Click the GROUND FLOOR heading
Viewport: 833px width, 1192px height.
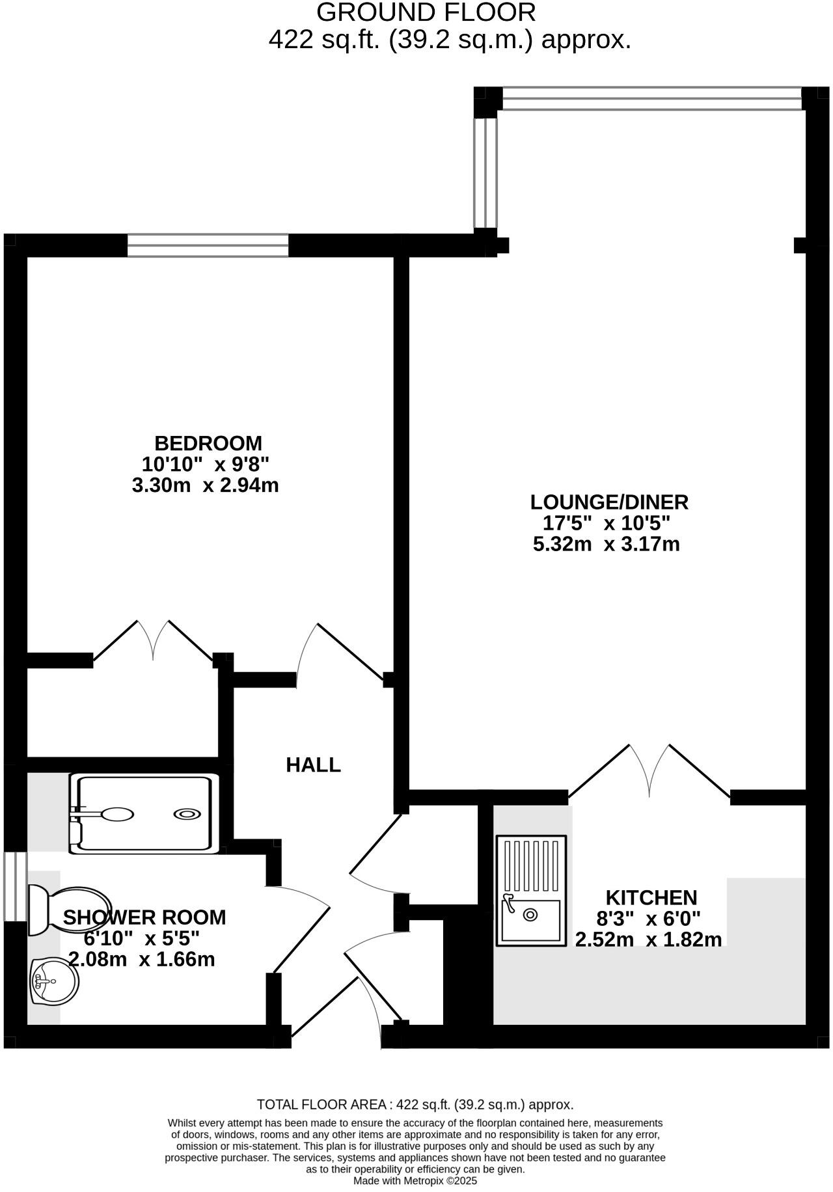click(x=426, y=13)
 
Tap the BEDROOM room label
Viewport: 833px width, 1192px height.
click(x=208, y=443)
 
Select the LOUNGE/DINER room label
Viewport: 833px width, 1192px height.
click(x=609, y=502)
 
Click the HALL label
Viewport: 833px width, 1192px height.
click(x=313, y=765)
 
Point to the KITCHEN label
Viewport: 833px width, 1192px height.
click(x=651, y=897)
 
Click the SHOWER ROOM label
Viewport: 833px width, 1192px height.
click(x=144, y=917)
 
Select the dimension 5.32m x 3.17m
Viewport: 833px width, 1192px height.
click(x=606, y=544)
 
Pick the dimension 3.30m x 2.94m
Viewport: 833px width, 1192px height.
click(x=205, y=485)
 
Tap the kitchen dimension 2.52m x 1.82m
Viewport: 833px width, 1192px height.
click(x=648, y=940)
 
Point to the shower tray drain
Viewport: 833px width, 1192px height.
click(x=187, y=813)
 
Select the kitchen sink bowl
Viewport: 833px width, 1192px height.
click(x=530, y=915)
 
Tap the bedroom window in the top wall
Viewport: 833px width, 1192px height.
click(x=208, y=246)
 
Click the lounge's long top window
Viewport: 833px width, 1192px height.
click(x=651, y=99)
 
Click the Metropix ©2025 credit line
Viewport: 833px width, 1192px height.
click(x=415, y=1180)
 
